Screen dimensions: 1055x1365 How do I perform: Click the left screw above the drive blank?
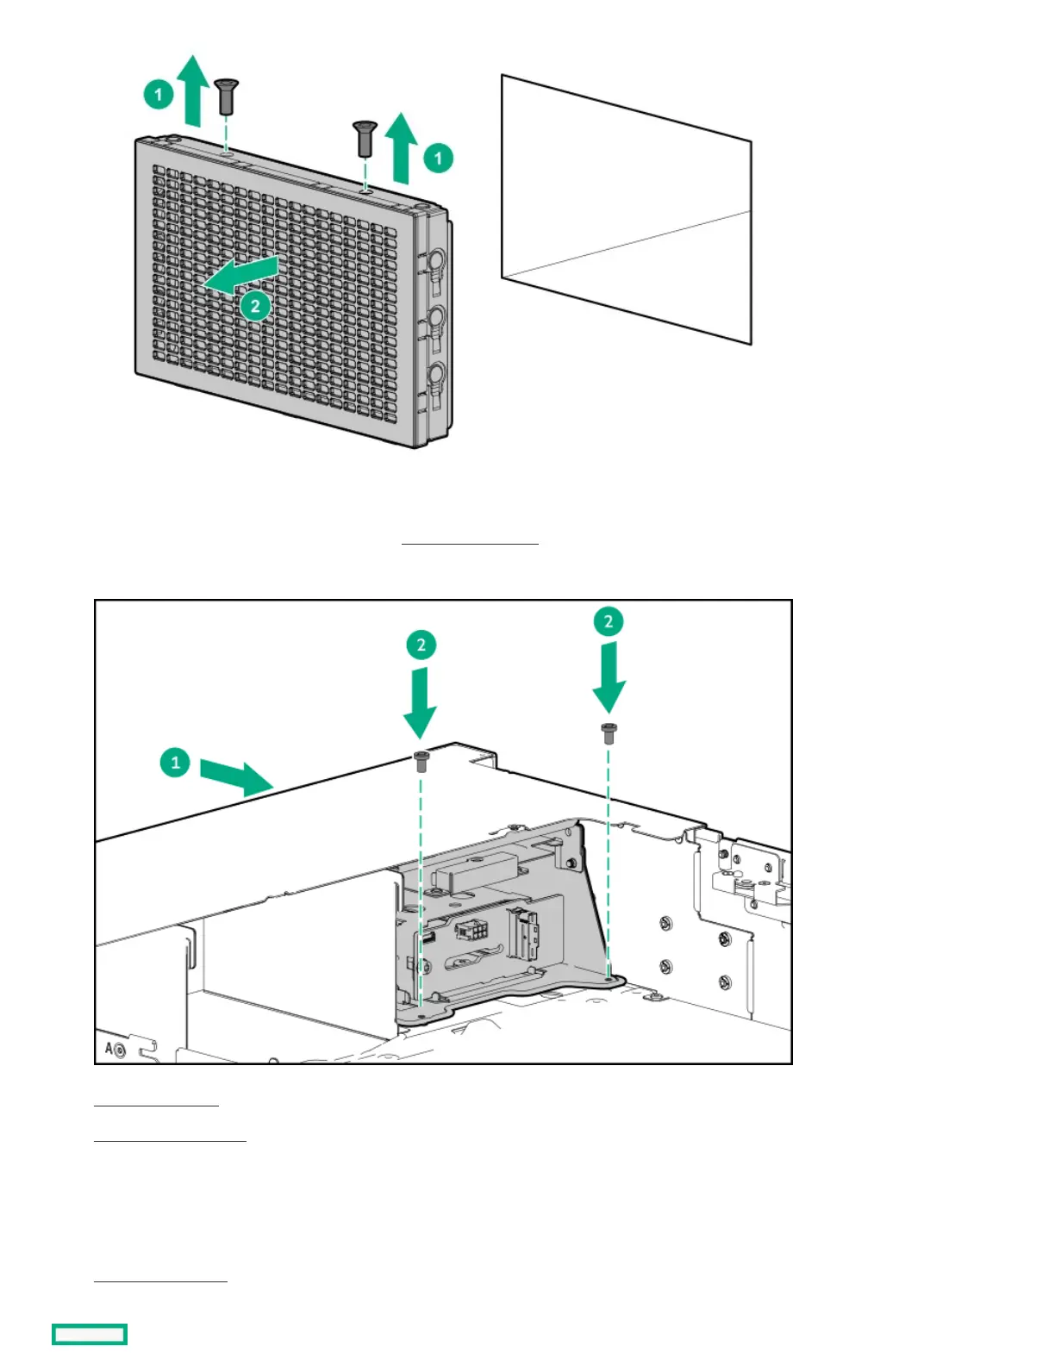click(x=227, y=96)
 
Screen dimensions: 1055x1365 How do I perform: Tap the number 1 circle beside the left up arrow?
click(x=159, y=94)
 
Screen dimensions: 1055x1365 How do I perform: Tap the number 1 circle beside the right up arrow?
click(x=438, y=158)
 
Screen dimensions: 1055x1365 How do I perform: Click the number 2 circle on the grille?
click(x=255, y=305)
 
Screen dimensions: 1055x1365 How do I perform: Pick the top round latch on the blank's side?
click(x=435, y=259)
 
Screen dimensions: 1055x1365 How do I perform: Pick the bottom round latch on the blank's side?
click(x=435, y=374)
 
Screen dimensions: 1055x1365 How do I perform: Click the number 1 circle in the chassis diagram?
click(x=175, y=763)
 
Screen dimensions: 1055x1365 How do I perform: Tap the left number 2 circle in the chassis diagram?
click(x=421, y=645)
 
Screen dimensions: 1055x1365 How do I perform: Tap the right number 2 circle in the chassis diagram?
click(x=609, y=621)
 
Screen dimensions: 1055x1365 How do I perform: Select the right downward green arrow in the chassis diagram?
click(x=609, y=677)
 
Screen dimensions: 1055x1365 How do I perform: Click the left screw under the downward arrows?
click(x=421, y=761)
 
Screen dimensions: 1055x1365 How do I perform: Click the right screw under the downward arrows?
click(x=608, y=732)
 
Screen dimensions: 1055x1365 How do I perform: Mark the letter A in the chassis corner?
click(x=109, y=1049)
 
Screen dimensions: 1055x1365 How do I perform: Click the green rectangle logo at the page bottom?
click(x=90, y=1334)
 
